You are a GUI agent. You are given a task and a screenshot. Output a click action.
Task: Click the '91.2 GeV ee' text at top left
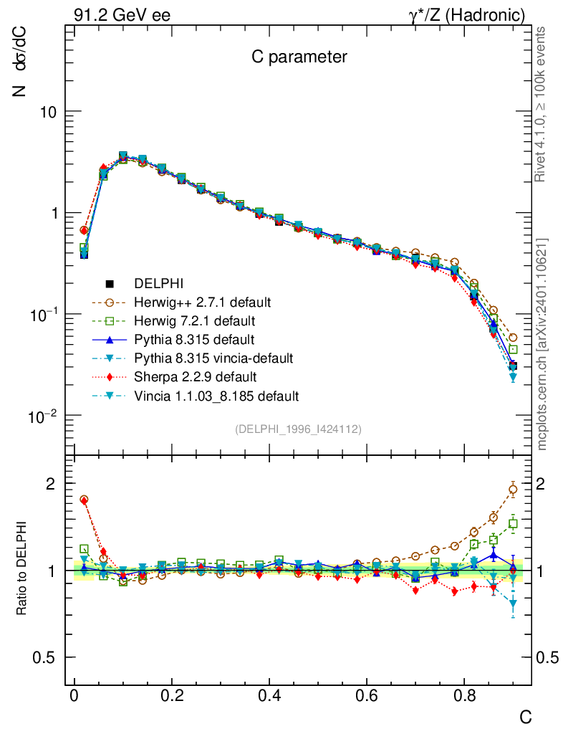coord(121,14)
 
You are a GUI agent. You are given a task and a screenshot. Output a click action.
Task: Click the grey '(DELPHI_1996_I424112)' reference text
coord(297,429)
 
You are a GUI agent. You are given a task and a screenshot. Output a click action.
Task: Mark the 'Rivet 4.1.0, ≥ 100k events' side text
coord(542,105)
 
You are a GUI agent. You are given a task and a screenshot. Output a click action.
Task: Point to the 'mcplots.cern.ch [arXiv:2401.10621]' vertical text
coord(542,344)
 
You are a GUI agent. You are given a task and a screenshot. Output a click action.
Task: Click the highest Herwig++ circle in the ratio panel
coord(513,490)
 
